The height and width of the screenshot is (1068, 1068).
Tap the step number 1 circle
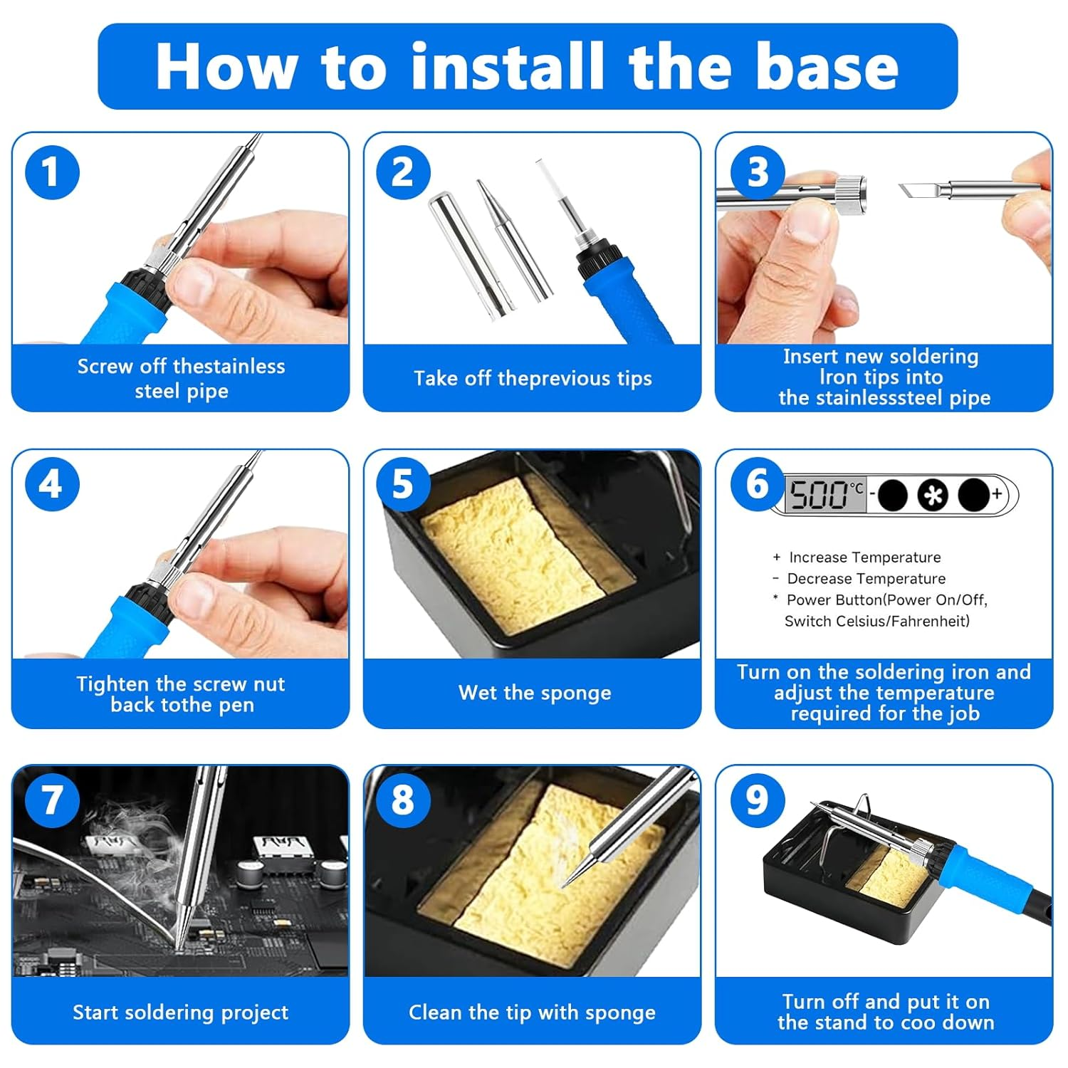[x=52, y=172]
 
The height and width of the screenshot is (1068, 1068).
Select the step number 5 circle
[x=403, y=484]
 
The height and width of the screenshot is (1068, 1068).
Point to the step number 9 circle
[x=758, y=800]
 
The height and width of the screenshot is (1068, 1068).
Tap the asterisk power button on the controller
[x=933, y=495]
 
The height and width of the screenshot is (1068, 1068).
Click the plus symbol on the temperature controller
[x=997, y=493]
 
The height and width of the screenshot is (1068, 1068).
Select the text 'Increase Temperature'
[x=864, y=557]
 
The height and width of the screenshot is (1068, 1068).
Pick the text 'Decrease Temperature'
[x=866, y=579]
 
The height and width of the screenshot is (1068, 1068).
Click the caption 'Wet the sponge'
[x=534, y=693]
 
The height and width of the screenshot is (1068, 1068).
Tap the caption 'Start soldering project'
[x=180, y=1012]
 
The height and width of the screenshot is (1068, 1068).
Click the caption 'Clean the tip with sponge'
[x=532, y=1012]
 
